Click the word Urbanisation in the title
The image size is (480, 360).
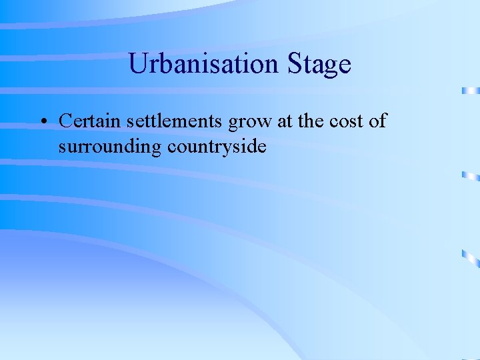pos(203,64)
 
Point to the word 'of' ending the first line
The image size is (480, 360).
pos(378,121)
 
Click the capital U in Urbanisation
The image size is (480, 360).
pos(137,64)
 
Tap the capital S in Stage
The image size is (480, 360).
pos(295,64)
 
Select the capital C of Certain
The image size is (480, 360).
pos(65,121)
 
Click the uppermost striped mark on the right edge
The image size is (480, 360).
pos(471,90)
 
